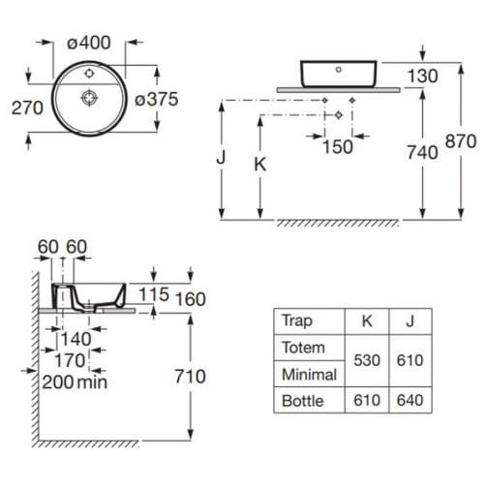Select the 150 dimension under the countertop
(x=337, y=146)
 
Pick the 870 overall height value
(x=460, y=141)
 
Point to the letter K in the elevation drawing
(x=259, y=164)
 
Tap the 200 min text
(x=75, y=381)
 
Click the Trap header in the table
(x=296, y=320)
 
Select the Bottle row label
(x=301, y=400)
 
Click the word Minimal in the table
(x=309, y=374)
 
